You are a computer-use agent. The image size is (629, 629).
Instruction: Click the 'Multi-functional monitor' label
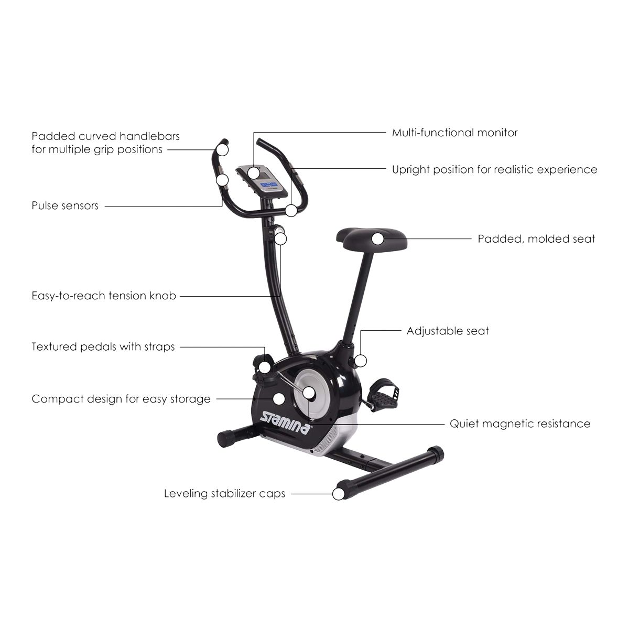[x=454, y=133]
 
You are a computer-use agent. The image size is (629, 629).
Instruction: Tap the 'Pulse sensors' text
[x=65, y=206]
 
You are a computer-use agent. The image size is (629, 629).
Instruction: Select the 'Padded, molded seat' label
[x=536, y=239]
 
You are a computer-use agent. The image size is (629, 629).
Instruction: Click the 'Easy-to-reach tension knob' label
[x=104, y=296]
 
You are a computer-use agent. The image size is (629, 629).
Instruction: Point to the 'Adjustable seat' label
[x=448, y=331]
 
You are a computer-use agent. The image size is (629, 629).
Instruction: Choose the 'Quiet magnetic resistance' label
[x=520, y=424]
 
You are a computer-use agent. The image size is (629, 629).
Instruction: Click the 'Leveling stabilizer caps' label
[x=224, y=494]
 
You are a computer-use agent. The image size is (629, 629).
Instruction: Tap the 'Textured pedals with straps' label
[x=103, y=347]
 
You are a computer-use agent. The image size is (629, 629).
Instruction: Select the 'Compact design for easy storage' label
[x=121, y=399]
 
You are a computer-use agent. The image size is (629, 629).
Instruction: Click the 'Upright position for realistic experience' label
[x=494, y=170]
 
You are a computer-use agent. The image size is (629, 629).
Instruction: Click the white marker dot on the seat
[x=378, y=238]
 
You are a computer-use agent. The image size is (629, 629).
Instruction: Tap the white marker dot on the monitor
[x=254, y=172]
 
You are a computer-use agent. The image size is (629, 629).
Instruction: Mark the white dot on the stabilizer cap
[x=339, y=493]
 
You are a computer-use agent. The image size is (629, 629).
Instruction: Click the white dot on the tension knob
[x=281, y=238]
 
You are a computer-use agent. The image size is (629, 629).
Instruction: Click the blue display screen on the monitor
[x=269, y=185]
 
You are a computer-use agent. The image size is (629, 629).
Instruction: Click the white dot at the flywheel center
[x=309, y=393]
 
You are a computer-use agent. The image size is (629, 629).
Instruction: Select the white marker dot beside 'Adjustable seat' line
[x=360, y=361]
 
